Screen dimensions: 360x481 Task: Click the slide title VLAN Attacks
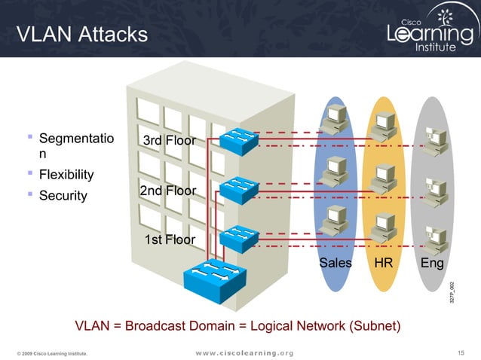(82, 34)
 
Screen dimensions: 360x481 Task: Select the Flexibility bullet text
(66, 175)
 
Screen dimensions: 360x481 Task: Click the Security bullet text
(63, 196)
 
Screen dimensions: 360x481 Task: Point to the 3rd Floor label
(169, 141)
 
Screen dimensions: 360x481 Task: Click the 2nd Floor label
(167, 191)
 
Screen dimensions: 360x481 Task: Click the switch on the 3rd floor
(240, 140)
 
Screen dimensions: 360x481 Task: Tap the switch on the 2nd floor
(237, 186)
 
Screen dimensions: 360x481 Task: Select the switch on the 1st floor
(237, 236)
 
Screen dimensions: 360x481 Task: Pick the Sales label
(335, 263)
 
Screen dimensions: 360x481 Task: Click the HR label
(383, 263)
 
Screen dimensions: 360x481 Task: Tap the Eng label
(431, 263)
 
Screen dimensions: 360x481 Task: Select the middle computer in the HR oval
(384, 175)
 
